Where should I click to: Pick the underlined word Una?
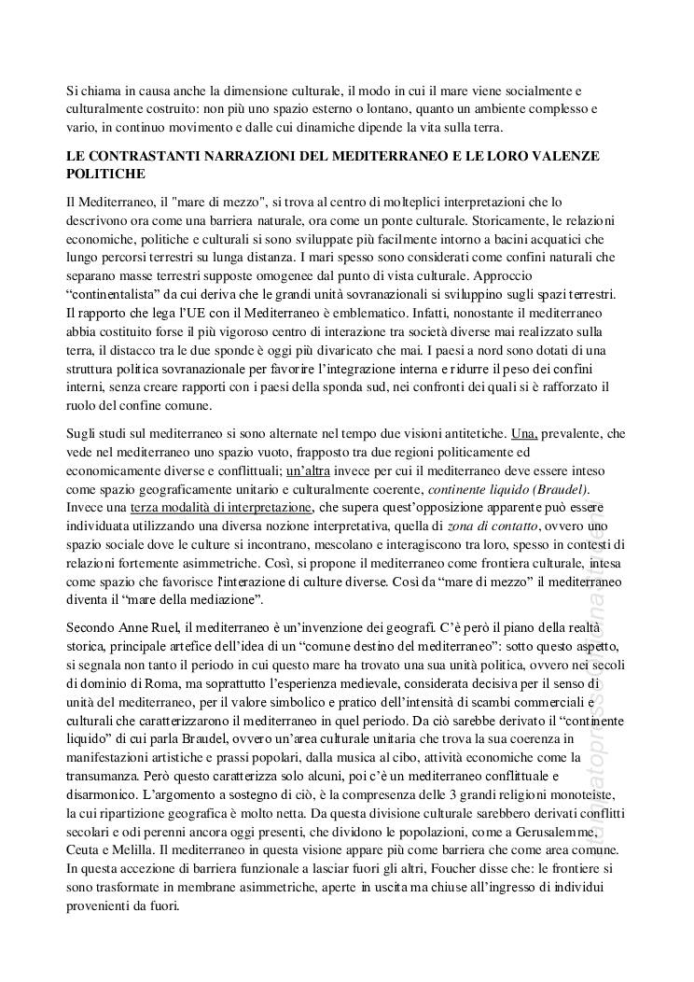pyautogui.click(x=525, y=434)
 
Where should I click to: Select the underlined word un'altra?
pyautogui.click(x=312, y=470)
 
